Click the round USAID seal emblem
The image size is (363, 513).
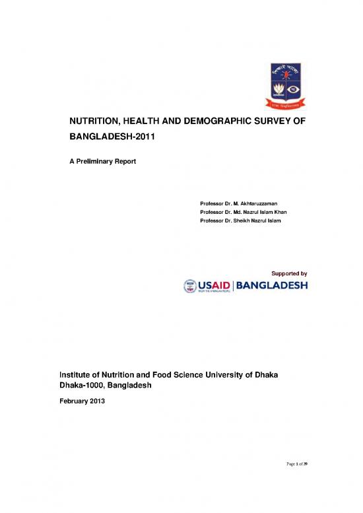(x=189, y=287)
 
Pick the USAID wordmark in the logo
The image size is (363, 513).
(x=214, y=286)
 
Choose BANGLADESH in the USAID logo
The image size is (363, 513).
(x=271, y=287)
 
